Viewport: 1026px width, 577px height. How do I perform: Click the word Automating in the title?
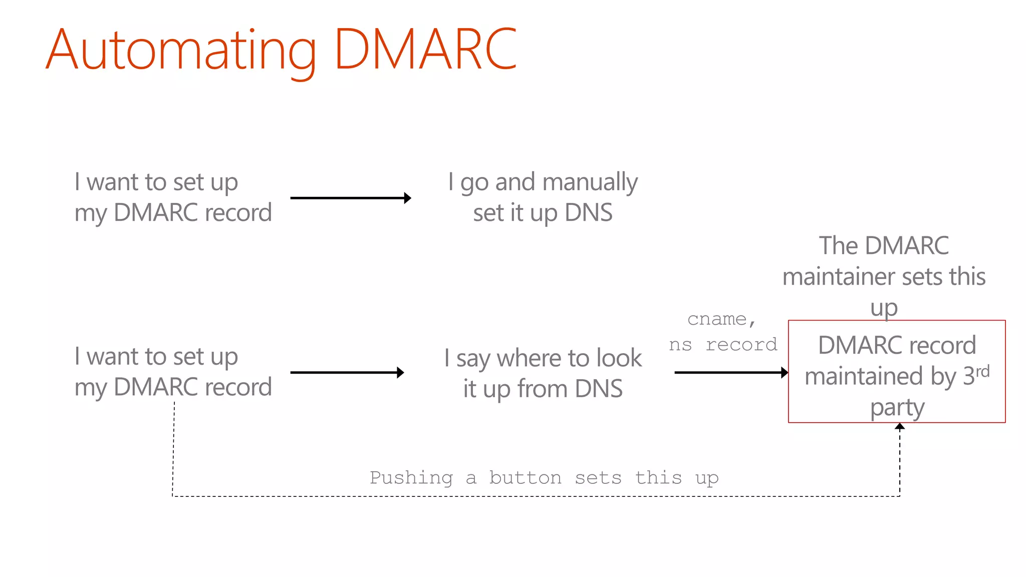[180, 50]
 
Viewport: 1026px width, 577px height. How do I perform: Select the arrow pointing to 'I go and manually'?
[351, 198]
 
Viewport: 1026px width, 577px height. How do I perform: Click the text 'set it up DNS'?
[543, 213]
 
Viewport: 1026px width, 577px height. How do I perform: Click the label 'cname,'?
[721, 319]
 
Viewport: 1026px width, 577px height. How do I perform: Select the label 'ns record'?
[723, 345]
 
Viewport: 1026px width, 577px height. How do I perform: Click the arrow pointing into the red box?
[731, 372]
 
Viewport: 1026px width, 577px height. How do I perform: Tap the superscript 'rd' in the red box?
[982, 371]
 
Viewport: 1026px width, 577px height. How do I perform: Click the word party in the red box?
[897, 408]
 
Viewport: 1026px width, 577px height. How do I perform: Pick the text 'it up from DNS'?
[543, 389]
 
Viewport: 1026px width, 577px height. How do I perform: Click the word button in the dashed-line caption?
[525, 478]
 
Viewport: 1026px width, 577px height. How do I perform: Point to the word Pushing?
[411, 478]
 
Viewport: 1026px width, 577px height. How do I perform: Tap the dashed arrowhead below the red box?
[900, 427]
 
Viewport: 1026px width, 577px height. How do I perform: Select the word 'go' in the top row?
[474, 183]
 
